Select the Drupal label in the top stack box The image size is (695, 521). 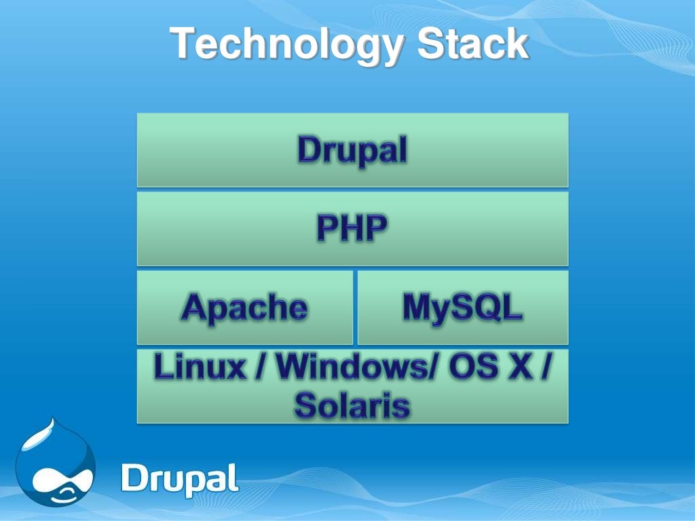point(352,150)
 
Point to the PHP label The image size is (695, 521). point(352,229)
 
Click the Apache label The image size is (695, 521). point(244,308)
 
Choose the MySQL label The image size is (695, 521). point(463,307)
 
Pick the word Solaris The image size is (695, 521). point(352,406)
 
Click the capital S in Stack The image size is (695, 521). point(430,44)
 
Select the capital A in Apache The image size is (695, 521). point(194,308)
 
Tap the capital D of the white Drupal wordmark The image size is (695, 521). point(134,478)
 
